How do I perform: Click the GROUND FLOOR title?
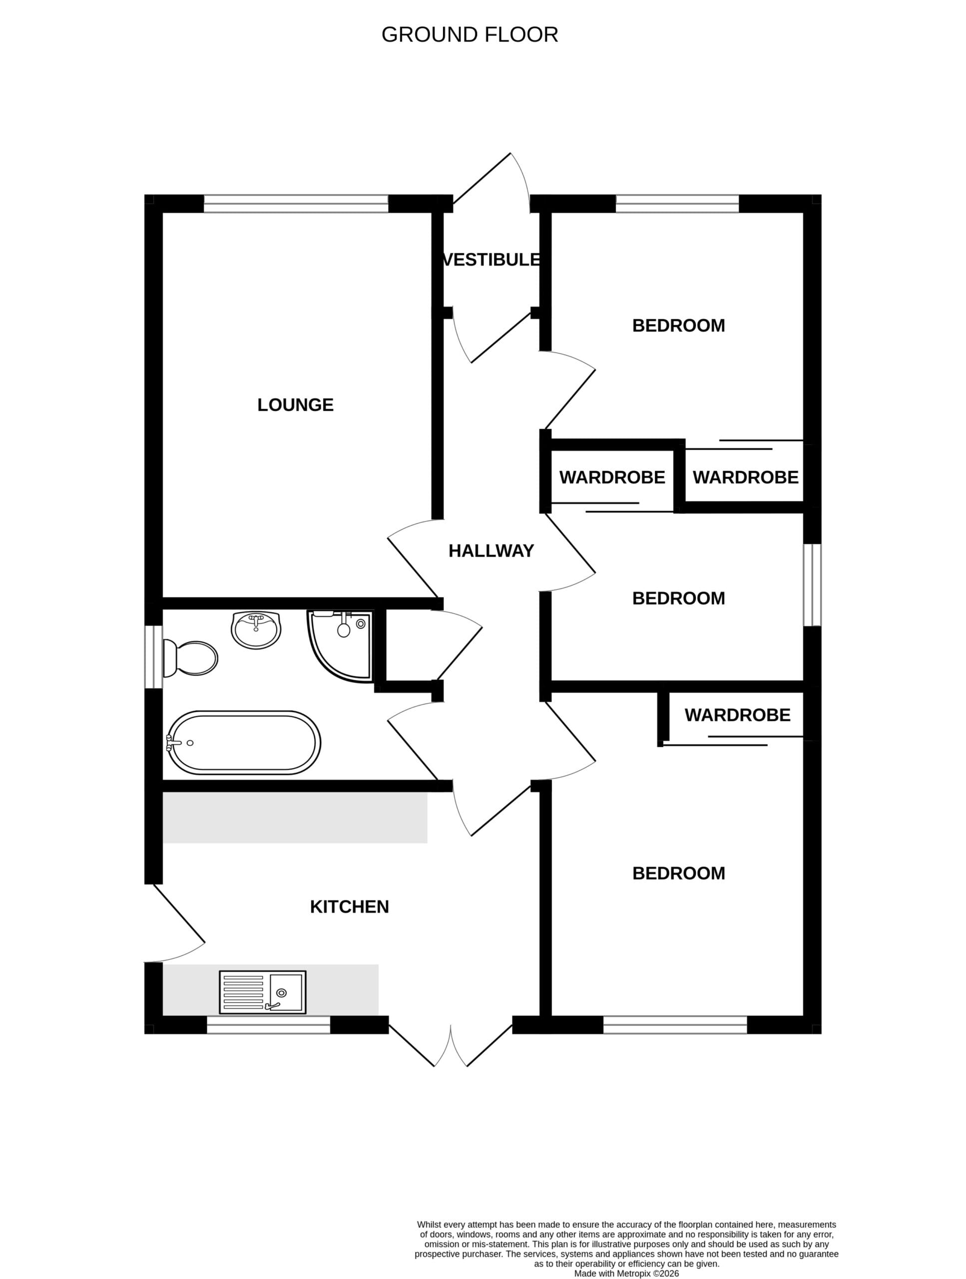pyautogui.click(x=470, y=34)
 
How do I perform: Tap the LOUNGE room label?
pyautogui.click(x=295, y=405)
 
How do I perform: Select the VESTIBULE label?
pyautogui.click(x=491, y=260)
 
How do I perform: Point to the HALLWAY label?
pyautogui.click(x=491, y=551)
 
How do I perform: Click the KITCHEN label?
pyautogui.click(x=349, y=907)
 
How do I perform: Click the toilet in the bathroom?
pyautogui.click(x=190, y=658)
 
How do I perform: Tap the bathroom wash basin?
pyautogui.click(x=256, y=630)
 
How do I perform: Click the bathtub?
pyautogui.click(x=243, y=743)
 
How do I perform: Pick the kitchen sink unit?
pyautogui.click(x=262, y=992)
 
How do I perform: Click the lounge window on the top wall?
pyautogui.click(x=296, y=203)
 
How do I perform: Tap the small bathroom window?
pyautogui.click(x=153, y=657)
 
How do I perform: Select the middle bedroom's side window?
pyautogui.click(x=812, y=585)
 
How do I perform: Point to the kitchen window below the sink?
pyautogui.click(x=268, y=1025)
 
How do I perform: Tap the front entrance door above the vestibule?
pyautogui.click(x=491, y=179)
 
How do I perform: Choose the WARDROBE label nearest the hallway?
pyautogui.click(x=612, y=477)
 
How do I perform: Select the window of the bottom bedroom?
pyautogui.click(x=675, y=1025)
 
